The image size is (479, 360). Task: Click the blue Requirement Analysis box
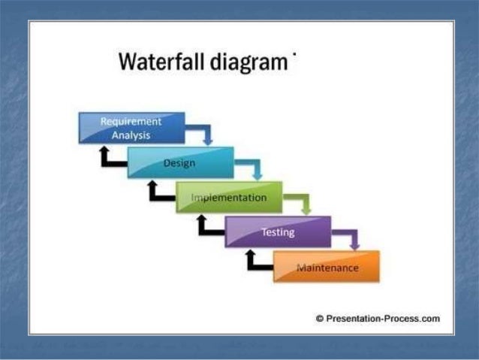point(131,128)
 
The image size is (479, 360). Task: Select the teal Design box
point(180,163)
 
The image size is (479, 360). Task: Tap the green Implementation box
point(229,198)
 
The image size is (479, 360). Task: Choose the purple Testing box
point(278,232)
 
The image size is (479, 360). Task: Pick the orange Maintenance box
point(327,267)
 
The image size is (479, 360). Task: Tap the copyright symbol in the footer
point(320,319)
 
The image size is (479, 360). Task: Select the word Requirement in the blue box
point(131,122)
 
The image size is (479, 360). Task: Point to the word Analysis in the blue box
point(131,135)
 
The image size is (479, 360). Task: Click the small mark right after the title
point(296,54)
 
